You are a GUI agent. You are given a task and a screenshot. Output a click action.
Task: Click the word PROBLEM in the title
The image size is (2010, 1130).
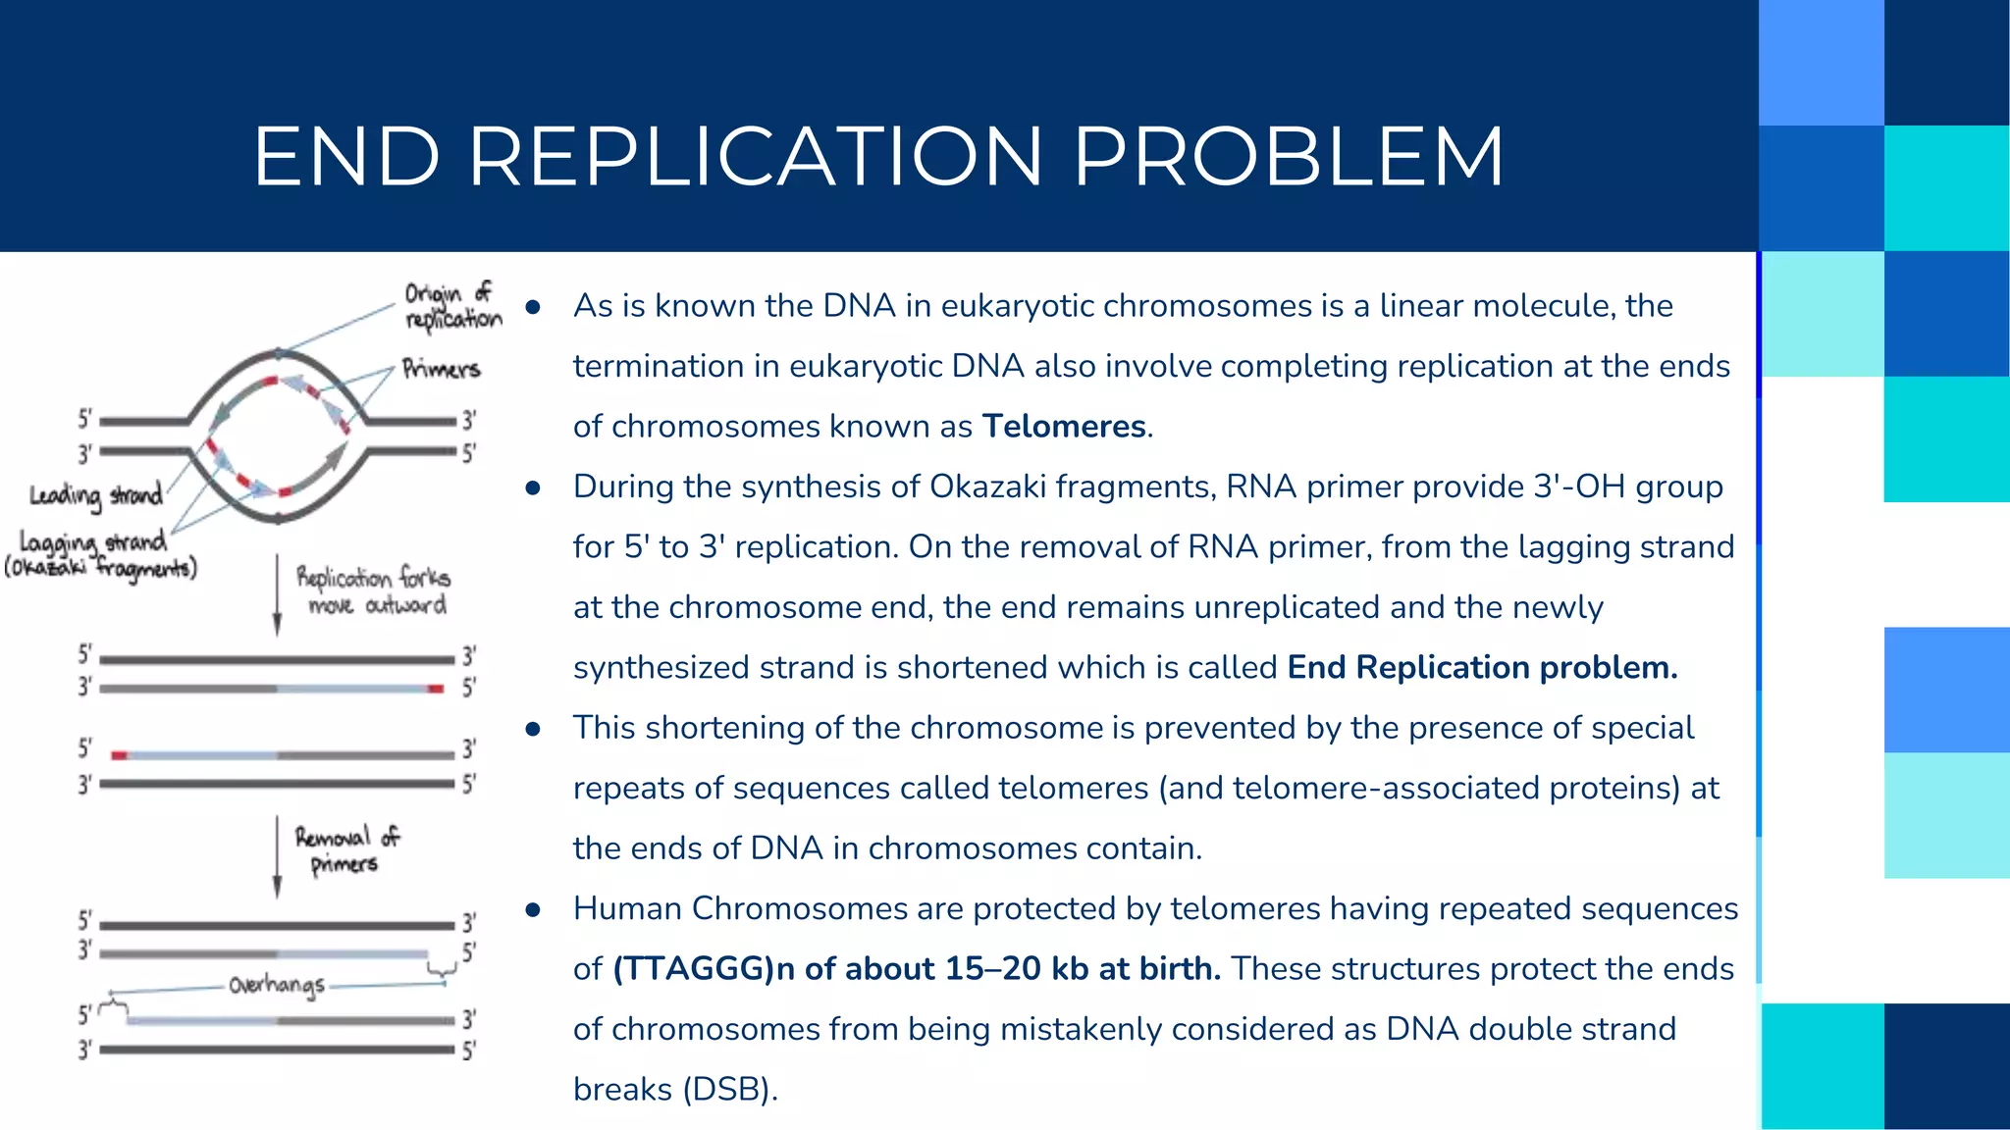(x=1289, y=156)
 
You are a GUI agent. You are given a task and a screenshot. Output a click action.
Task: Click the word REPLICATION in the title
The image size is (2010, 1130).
(x=754, y=156)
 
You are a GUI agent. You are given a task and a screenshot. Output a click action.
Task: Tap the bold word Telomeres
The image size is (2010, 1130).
(x=1064, y=427)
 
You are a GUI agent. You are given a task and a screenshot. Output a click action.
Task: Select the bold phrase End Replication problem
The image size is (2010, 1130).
(x=1482, y=668)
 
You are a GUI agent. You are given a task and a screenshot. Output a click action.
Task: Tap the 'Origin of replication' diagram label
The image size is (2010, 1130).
(x=452, y=306)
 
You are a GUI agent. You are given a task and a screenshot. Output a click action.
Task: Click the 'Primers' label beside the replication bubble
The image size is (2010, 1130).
(x=441, y=370)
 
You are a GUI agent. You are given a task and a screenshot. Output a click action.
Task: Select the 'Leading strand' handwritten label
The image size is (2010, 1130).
(x=95, y=495)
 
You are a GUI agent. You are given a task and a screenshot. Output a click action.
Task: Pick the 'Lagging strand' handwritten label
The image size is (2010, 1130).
(x=93, y=541)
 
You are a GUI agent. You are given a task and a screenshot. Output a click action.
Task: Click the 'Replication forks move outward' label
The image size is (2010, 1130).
(x=374, y=591)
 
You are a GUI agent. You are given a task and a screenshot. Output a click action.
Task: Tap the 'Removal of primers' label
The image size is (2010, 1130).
(x=347, y=849)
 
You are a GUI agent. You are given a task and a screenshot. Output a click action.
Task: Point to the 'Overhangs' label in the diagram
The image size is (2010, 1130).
(x=277, y=985)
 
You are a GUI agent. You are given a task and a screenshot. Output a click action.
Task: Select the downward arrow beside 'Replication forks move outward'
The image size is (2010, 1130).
(x=277, y=596)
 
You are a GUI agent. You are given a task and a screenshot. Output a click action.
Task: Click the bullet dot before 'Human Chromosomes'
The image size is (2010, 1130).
(x=533, y=910)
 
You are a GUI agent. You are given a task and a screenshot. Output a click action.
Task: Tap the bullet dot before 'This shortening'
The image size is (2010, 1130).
(x=533, y=729)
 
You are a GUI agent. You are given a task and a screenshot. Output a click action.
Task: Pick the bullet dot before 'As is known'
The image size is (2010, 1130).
(x=533, y=307)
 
